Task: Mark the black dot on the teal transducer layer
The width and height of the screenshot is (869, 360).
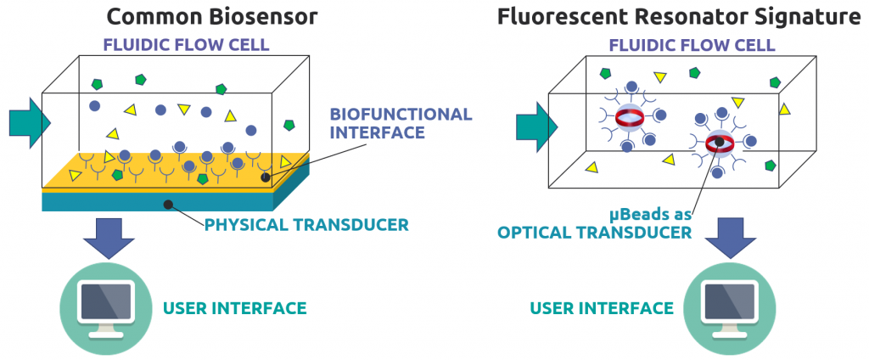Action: coord(169,204)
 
